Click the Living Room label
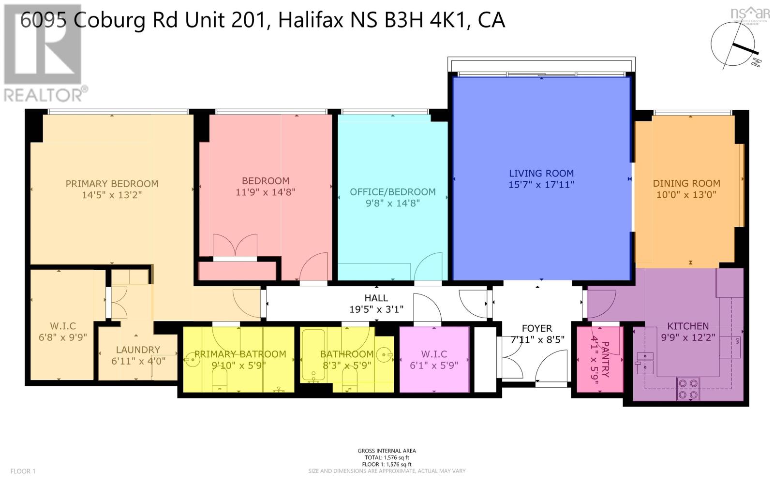pyautogui.click(x=541, y=173)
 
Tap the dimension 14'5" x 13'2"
pyautogui.click(x=112, y=195)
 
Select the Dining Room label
pyautogui.click(x=686, y=183)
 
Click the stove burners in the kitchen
pyautogui.click(x=688, y=389)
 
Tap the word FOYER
pyautogui.click(x=537, y=328)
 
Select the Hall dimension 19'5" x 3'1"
pyautogui.click(x=376, y=309)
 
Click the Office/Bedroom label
pyautogui.click(x=392, y=192)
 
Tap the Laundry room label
pyautogui.click(x=138, y=350)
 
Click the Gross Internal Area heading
pyautogui.click(x=387, y=451)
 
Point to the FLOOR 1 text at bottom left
pyautogui.click(x=23, y=471)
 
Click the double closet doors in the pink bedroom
pyautogui.click(x=235, y=246)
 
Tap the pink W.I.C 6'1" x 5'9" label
pyautogui.click(x=434, y=359)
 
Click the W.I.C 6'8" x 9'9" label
pyautogui.click(x=63, y=331)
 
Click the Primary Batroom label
pyautogui.click(x=240, y=354)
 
